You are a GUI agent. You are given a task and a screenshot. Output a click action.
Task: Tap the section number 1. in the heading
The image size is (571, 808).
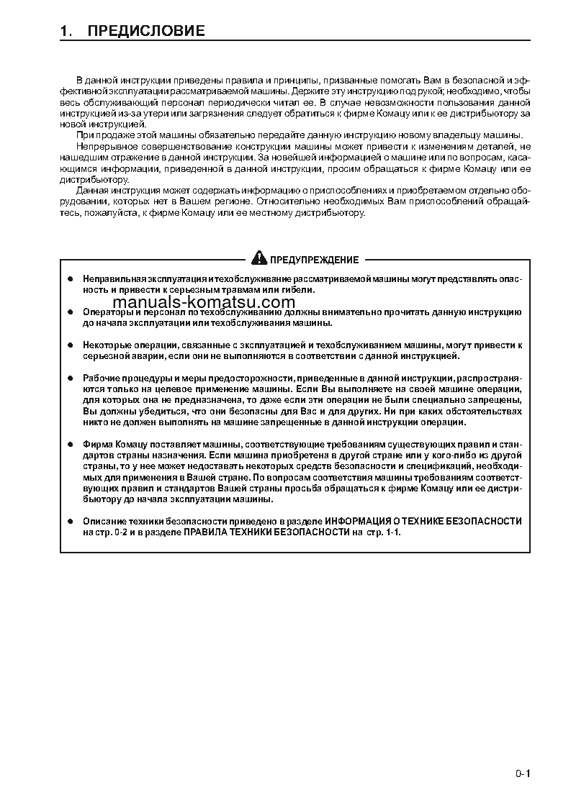coord(66,31)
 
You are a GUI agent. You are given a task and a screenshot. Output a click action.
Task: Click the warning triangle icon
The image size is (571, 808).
coord(258,259)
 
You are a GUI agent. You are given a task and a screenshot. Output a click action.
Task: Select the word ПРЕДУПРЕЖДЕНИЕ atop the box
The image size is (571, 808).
coord(314,260)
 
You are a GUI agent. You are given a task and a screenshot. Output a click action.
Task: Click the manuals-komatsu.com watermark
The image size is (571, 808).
coord(204,302)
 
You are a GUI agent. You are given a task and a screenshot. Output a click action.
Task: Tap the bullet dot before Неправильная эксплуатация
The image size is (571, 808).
coord(70,278)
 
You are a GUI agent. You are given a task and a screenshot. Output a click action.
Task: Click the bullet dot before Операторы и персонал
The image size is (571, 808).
coord(70,312)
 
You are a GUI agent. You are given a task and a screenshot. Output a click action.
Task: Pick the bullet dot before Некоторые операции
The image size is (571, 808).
coord(70,345)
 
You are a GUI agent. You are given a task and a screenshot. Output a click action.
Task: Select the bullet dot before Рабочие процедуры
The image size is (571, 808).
coord(70,378)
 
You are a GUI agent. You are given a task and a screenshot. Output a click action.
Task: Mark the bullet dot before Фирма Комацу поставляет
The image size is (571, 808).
coord(70,444)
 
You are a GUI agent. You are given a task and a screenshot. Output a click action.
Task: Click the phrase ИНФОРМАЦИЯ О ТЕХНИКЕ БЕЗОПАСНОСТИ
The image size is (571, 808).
coord(423,521)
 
